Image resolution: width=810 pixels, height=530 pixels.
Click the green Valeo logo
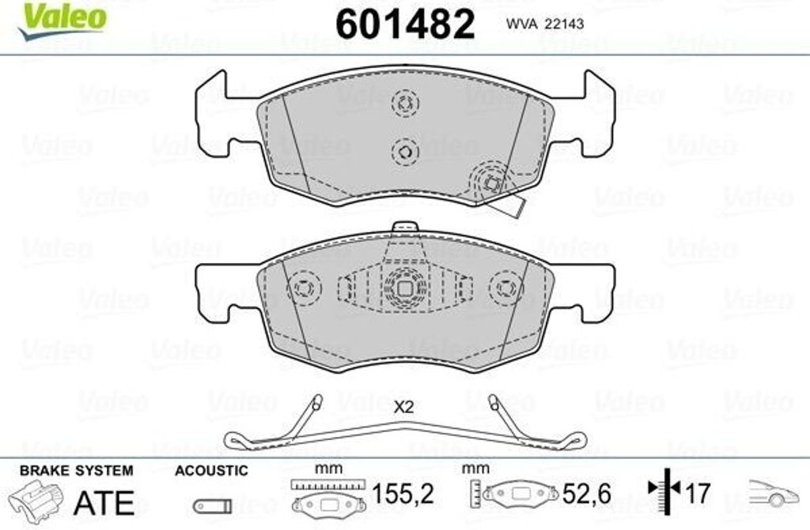point(62,21)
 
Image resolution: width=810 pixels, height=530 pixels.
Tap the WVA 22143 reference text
point(545,24)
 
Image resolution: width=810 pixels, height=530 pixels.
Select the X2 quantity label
point(403,408)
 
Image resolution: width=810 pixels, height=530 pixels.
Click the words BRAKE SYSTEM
point(77,471)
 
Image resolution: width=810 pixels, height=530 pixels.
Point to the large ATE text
point(104,502)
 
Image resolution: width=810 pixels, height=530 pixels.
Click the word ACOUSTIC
point(211,471)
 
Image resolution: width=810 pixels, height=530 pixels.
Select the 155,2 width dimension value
point(403,494)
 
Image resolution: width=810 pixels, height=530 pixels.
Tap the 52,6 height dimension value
point(586,494)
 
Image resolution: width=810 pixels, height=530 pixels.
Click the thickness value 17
point(698,494)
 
